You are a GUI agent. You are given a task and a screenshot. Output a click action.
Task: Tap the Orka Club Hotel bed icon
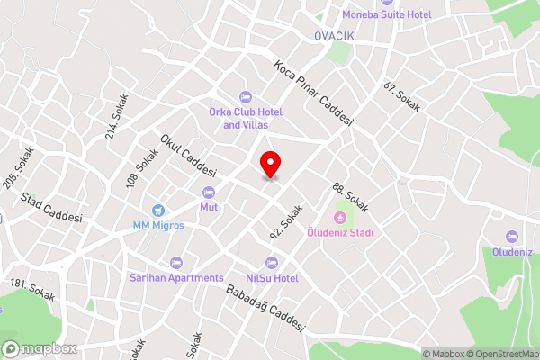coord(245,97)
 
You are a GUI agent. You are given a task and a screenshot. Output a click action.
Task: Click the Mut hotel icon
coord(210,192)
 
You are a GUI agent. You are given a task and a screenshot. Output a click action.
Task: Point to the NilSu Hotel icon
coord(272,263)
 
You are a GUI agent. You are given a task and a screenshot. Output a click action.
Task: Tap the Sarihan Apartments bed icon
coord(175,263)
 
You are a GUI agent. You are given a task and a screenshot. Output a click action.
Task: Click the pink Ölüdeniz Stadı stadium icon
coord(341,217)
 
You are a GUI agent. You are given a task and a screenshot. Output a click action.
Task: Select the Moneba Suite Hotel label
coord(387,14)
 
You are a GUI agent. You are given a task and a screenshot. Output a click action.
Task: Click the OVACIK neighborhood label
coord(337,35)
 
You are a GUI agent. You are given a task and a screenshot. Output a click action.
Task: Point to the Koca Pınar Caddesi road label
coord(314,94)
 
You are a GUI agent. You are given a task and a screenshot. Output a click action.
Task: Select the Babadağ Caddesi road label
coord(265,307)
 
